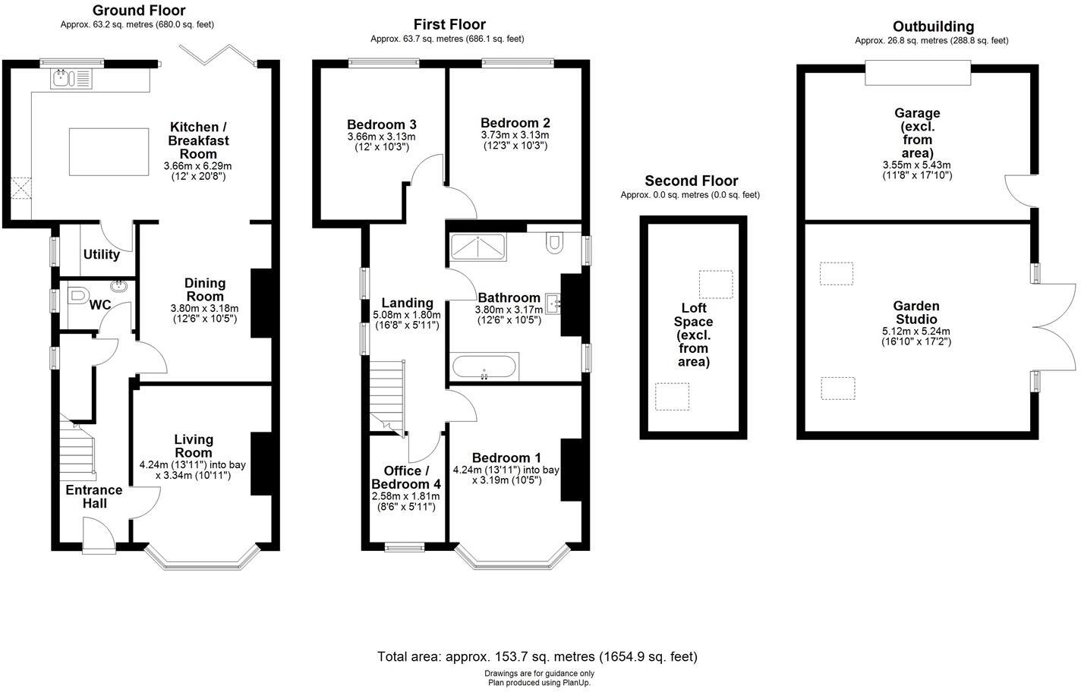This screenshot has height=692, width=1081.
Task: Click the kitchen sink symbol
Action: [71, 77]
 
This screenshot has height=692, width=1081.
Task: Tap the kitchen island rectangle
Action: [109, 153]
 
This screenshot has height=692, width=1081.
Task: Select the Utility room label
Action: [102, 255]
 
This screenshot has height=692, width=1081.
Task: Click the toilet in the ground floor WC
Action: [77, 297]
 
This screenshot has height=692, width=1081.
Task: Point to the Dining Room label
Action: [205, 290]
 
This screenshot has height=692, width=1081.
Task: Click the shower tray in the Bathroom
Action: [477, 247]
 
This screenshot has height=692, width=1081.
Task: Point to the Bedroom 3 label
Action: [381, 124]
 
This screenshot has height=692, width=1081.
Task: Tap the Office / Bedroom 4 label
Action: [405, 477]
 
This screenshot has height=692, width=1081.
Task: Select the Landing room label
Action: [407, 303]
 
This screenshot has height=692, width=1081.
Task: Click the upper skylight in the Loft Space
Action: [715, 284]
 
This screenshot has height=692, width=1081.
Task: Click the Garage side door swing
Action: [1017, 187]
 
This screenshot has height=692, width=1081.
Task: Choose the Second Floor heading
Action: [691, 181]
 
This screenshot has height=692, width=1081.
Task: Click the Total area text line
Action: [537, 656]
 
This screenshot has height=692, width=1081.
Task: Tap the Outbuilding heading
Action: [933, 27]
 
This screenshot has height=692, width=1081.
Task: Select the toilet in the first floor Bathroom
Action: [553, 242]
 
